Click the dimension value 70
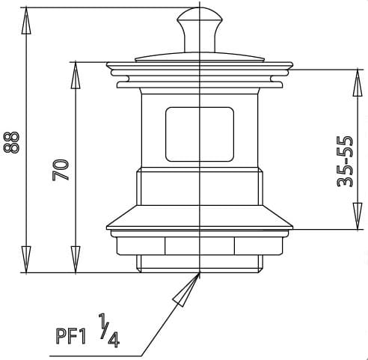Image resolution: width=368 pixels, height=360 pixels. click(61, 168)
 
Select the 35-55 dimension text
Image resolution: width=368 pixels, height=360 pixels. click(344, 162)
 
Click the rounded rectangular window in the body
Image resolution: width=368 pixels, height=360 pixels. click(199, 134)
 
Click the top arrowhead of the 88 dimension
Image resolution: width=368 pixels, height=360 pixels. click(25, 22)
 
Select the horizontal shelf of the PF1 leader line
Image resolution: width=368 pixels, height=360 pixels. click(138, 353)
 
